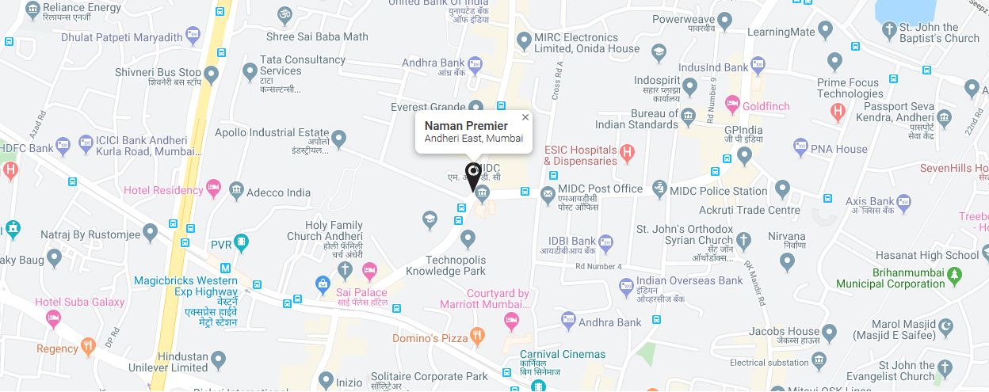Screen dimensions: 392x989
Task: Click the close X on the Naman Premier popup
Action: (525, 117)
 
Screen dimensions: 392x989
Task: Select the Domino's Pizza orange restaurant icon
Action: (477, 336)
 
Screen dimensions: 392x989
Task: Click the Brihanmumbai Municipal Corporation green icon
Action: (955, 275)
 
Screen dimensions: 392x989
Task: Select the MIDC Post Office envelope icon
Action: (547, 192)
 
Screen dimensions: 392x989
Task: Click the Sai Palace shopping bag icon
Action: (323, 283)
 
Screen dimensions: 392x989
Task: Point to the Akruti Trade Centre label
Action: (749, 210)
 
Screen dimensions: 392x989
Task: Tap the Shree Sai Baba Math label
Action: (317, 36)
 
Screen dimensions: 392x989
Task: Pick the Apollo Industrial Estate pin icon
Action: (339, 140)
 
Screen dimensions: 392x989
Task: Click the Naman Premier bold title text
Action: (466, 126)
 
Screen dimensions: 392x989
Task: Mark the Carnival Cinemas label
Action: (563, 355)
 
